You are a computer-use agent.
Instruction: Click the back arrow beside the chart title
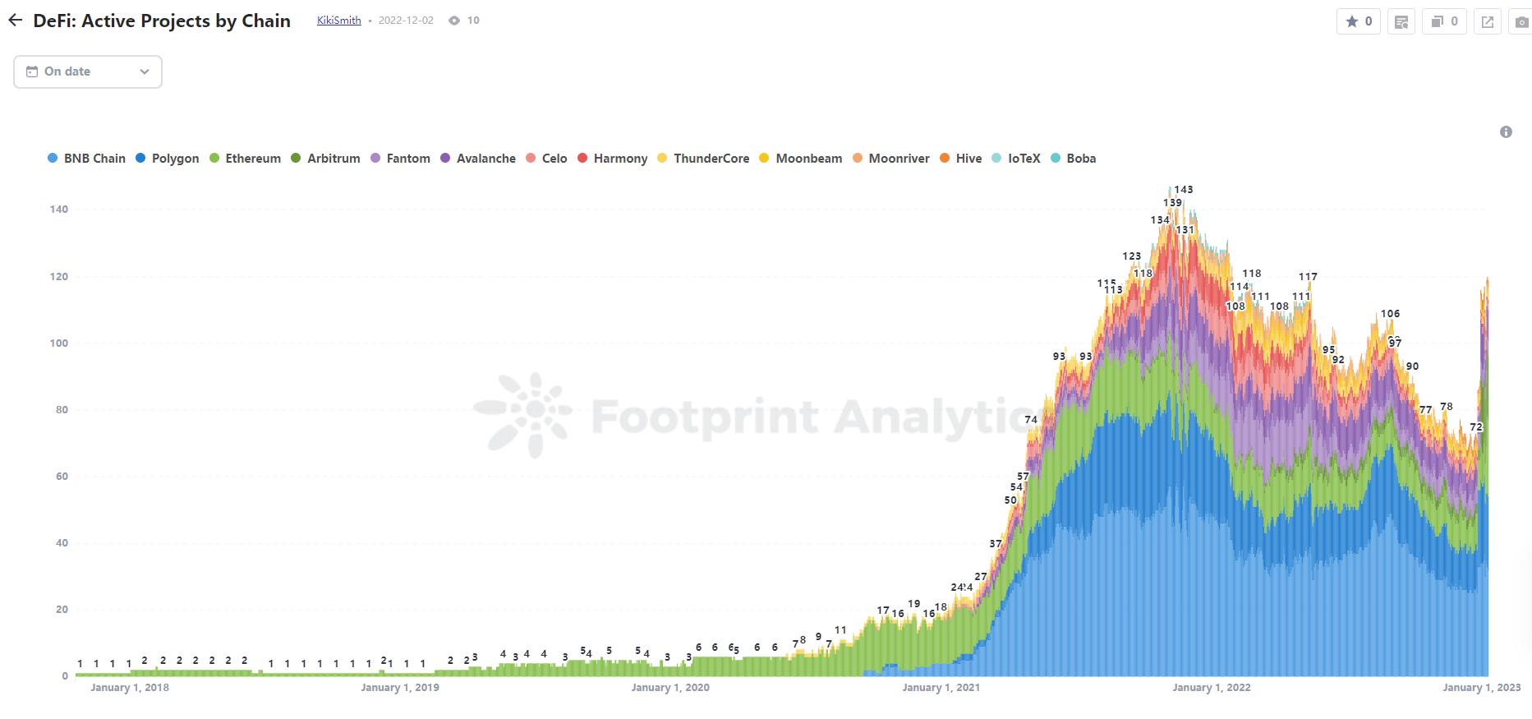[16, 21]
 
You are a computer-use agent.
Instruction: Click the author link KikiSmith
[338, 21]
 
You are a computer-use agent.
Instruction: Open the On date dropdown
[88, 71]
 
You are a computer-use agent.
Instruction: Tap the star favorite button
[1359, 21]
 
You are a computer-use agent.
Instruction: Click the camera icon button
[1521, 22]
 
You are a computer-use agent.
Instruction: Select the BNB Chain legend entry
[87, 159]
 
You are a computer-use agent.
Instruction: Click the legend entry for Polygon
[168, 159]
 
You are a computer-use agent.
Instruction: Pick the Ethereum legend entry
[246, 159]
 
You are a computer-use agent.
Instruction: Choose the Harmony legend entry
[613, 159]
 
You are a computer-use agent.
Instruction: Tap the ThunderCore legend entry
[704, 159]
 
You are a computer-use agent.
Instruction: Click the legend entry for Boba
[1074, 159]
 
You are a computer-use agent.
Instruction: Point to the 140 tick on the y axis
[58, 210]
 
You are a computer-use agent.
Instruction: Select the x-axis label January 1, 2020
[670, 687]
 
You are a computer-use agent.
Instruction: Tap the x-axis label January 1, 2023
[1482, 687]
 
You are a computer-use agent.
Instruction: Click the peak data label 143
[1183, 190]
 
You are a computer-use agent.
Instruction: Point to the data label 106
[1390, 314]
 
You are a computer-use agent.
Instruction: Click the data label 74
[1031, 420]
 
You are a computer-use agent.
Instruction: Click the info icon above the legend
[1506, 132]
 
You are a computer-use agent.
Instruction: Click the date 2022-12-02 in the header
[406, 21]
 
